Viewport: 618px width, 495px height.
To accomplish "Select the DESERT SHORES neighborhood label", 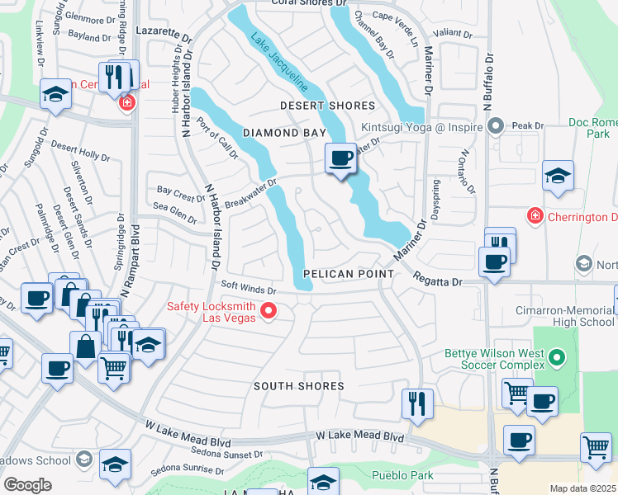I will tap(327, 106).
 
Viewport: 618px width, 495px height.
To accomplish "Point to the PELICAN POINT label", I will tap(340, 273).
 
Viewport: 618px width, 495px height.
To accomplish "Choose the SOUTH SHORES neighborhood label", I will tap(298, 386).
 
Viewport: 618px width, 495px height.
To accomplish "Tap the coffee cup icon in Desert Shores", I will tap(340, 158).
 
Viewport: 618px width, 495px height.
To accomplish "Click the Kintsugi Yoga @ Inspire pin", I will tap(496, 127).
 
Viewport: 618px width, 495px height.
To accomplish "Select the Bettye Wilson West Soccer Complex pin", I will tap(556, 358).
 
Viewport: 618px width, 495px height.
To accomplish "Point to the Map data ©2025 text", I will tap(582, 488).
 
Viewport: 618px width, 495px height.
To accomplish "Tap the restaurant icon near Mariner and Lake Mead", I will tap(417, 403).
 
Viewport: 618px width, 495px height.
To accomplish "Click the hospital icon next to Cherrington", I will tap(535, 216).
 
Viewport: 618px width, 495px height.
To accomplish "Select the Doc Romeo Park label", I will tap(593, 127).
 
